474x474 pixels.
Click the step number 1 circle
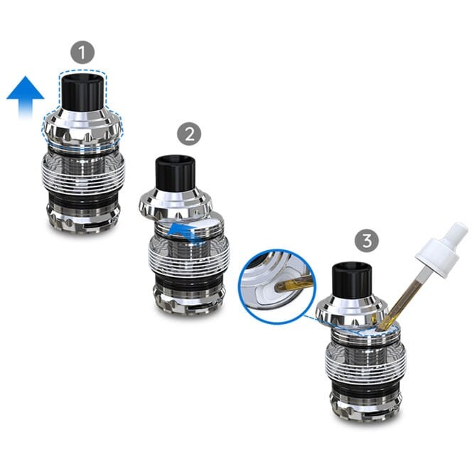(x=82, y=53)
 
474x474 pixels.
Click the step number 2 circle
(x=189, y=134)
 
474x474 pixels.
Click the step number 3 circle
(x=367, y=241)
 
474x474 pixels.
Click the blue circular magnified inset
(x=276, y=286)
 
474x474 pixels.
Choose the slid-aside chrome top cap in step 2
(x=176, y=203)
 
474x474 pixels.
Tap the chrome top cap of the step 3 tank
(x=352, y=311)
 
